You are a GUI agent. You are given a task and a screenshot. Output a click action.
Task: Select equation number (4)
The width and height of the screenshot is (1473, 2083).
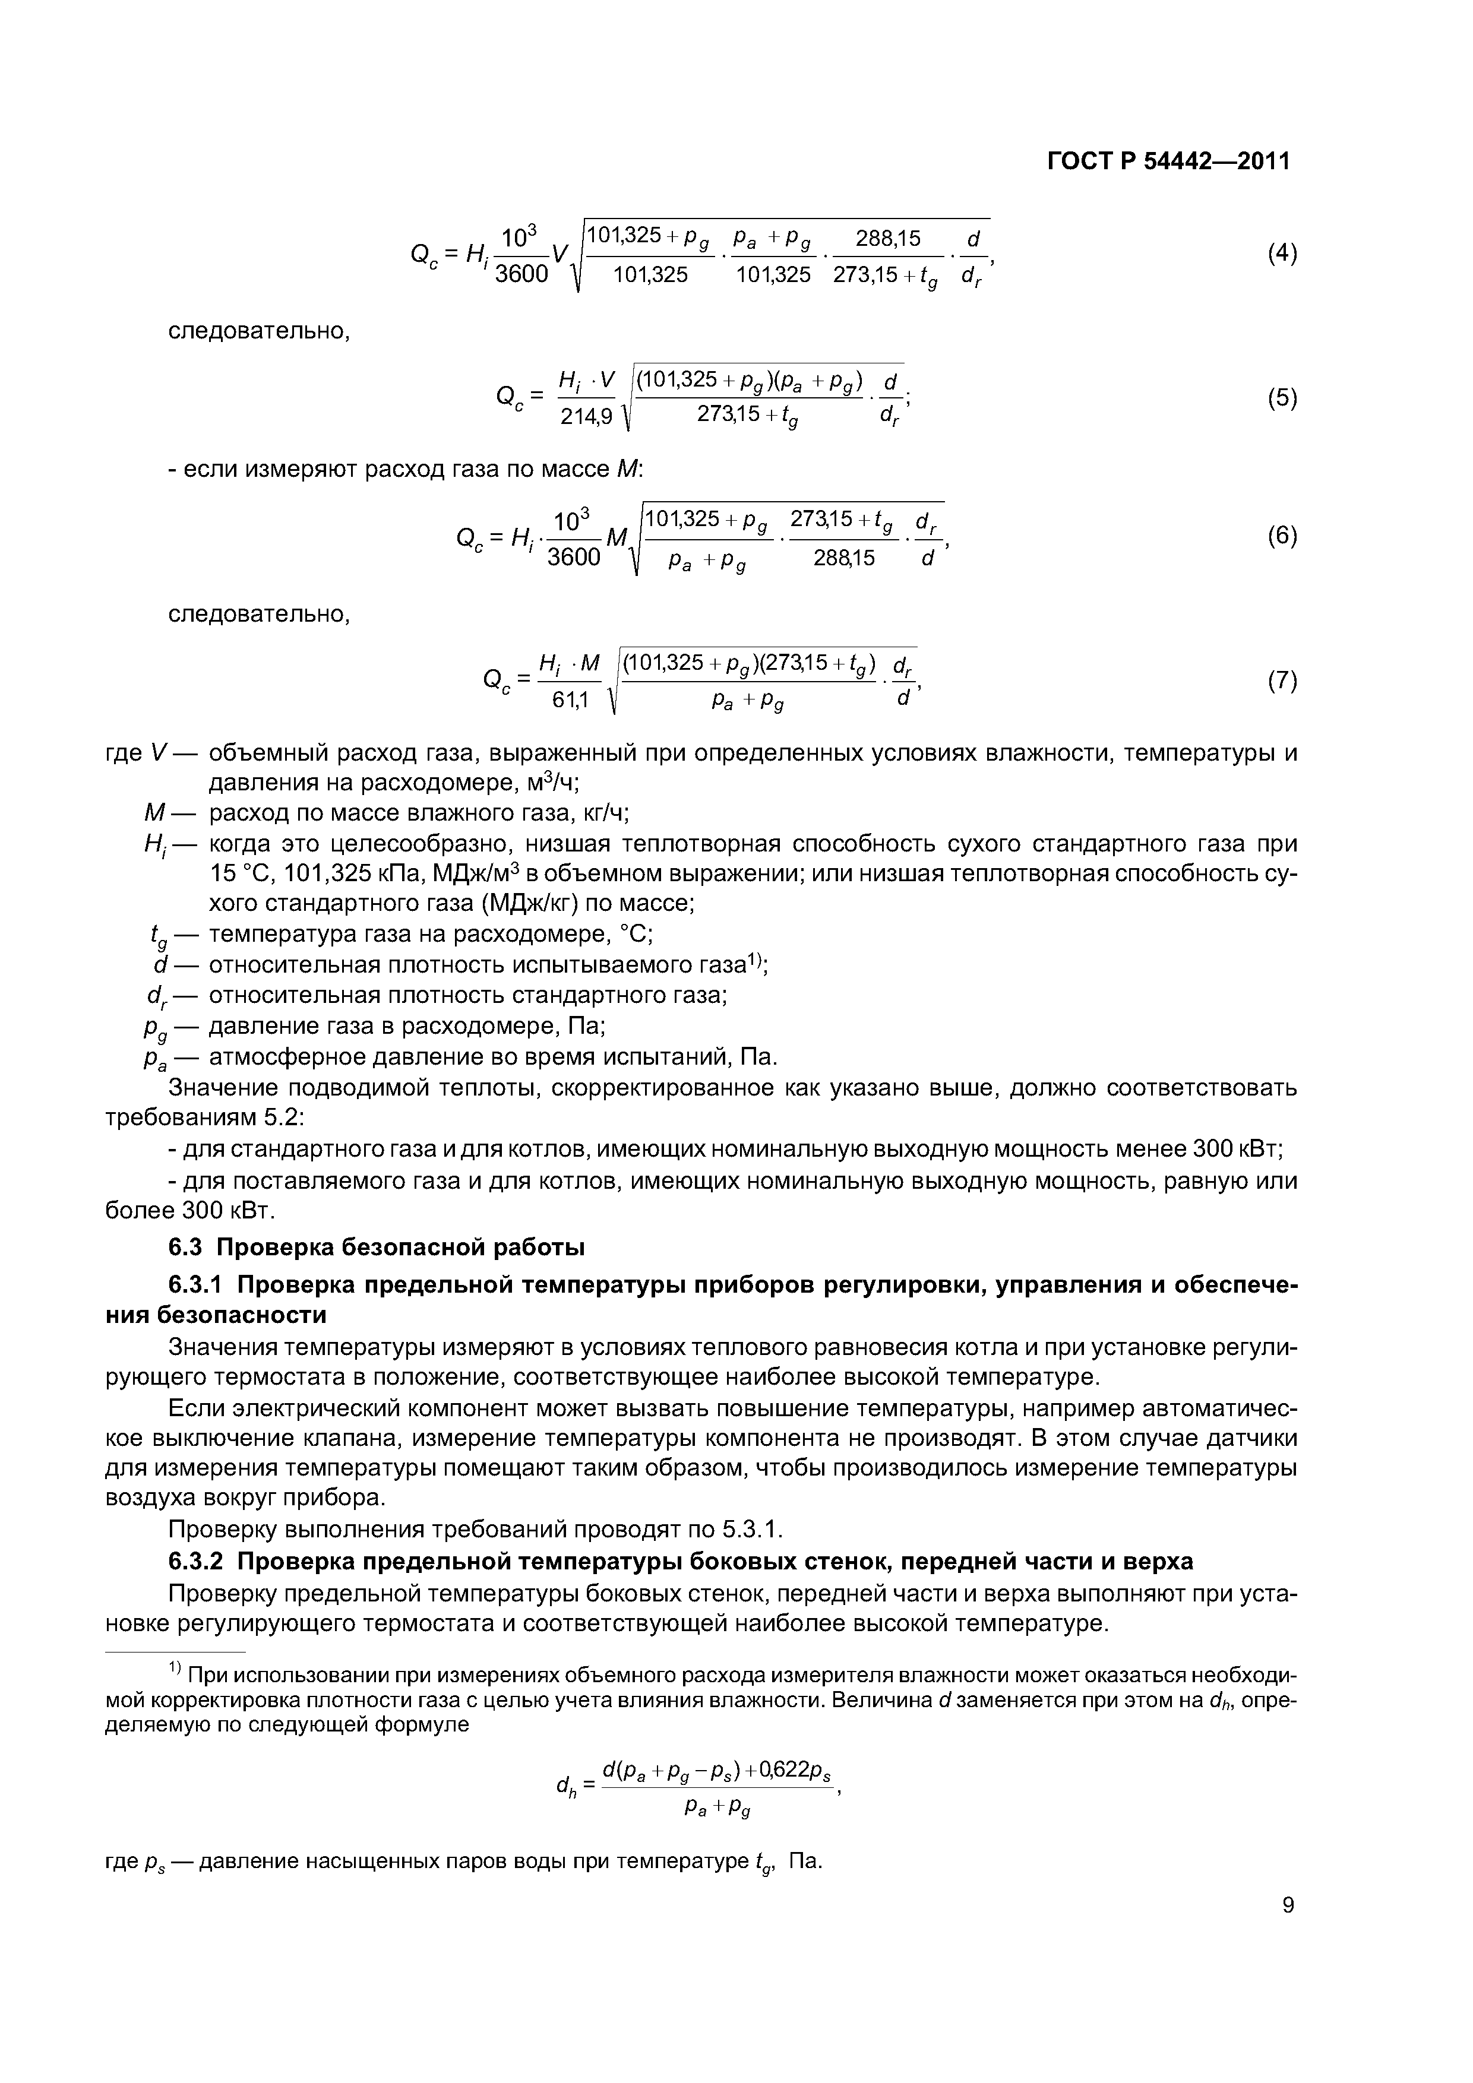1282,254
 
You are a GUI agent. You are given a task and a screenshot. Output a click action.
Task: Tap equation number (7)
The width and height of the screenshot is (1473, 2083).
1282,680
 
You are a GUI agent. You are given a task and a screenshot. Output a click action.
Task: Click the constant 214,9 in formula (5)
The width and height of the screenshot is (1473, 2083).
587,416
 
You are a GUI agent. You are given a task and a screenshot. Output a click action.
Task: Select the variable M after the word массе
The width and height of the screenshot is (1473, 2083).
627,470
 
